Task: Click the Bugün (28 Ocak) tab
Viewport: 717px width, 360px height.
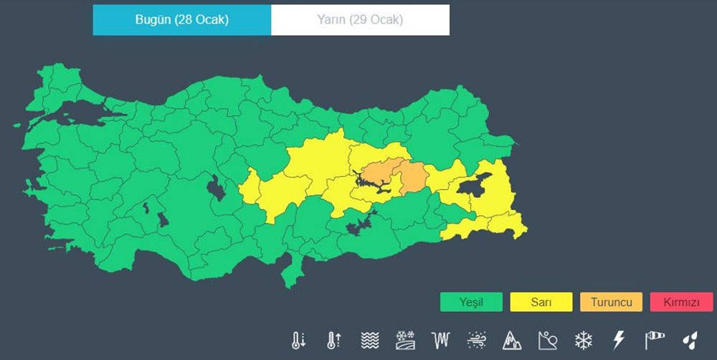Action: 181,20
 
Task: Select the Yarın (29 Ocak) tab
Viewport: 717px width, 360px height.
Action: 360,20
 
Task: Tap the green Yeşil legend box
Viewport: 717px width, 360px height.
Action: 471,303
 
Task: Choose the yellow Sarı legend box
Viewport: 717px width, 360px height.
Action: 541,303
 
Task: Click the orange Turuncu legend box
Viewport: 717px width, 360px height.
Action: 611,303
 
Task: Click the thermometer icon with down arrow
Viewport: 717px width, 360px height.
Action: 298,340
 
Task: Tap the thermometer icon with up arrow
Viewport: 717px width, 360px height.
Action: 333,340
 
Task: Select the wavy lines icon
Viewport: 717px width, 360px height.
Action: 369,340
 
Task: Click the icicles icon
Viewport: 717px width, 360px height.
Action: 440,340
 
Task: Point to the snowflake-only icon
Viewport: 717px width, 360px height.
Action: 584,340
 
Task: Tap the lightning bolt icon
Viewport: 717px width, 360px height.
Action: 619,340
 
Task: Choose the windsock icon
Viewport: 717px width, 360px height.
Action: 655,340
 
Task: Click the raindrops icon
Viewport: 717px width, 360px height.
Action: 690,340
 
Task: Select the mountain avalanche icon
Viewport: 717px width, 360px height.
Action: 512,340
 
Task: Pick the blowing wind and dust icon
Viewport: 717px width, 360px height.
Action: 476,340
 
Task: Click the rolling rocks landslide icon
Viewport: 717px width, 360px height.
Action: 548,340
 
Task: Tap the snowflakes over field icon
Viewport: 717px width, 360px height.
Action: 405,340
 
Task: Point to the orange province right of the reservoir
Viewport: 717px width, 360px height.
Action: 413,177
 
